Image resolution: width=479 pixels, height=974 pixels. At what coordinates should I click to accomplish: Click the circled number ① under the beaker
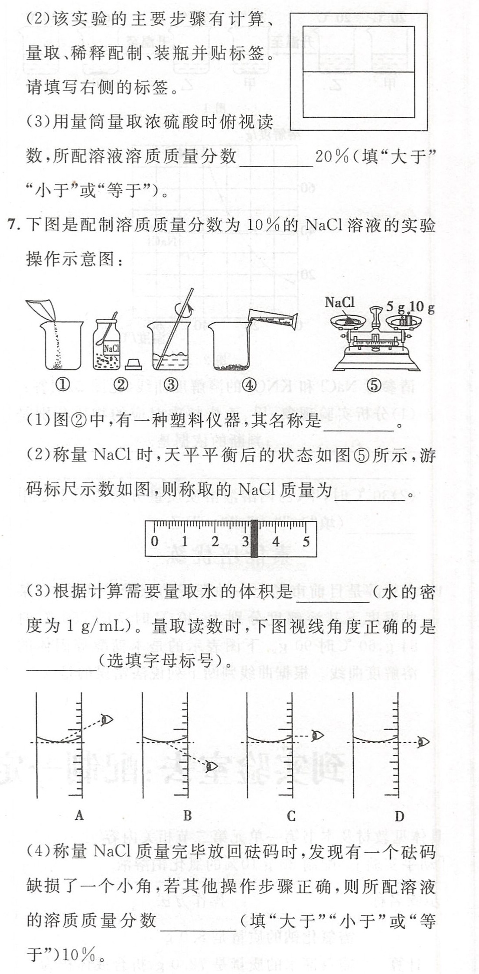(63, 385)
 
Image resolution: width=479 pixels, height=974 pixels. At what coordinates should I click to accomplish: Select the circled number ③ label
(171, 385)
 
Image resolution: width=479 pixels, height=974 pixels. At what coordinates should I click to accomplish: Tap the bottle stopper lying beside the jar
(134, 364)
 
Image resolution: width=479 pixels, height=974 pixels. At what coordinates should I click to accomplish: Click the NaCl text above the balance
(339, 302)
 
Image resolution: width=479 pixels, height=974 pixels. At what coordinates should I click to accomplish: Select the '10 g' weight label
(422, 307)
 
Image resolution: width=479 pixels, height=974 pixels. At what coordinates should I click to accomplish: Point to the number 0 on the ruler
(155, 541)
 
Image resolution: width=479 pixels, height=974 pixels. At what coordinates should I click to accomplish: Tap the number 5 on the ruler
(306, 541)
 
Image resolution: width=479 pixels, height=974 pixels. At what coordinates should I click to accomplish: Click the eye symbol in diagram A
(107, 720)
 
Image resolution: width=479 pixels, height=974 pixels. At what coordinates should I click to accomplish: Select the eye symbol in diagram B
(212, 766)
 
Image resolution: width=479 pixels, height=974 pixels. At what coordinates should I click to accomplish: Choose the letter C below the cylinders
(291, 816)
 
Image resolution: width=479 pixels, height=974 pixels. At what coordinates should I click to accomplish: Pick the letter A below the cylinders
(79, 816)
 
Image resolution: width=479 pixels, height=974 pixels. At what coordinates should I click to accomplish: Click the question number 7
(13, 225)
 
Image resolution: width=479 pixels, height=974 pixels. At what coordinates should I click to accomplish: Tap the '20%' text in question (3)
(332, 156)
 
